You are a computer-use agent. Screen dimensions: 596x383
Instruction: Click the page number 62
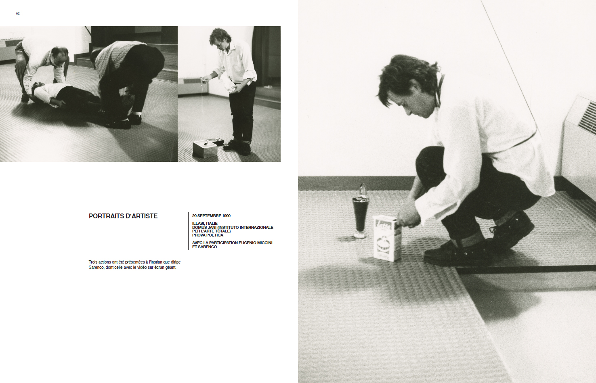pos(18,13)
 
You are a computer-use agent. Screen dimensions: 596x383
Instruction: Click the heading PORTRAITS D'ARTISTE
pos(123,216)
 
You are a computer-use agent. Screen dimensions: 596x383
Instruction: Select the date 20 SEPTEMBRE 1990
pos(211,216)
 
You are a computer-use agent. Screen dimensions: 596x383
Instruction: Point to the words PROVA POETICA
pos(208,235)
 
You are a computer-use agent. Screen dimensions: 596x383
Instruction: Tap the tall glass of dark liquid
pos(360,216)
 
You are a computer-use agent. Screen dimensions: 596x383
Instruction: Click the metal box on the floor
pos(205,149)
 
